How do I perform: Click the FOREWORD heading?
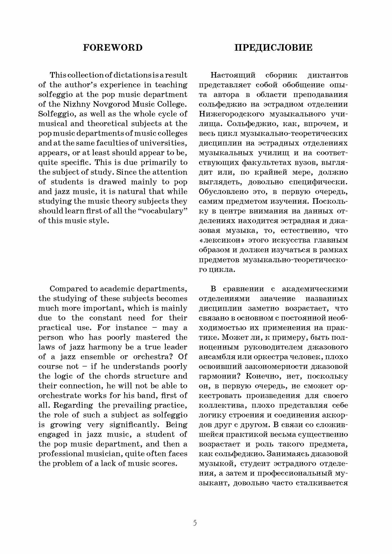(113, 48)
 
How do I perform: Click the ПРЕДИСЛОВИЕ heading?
(273, 48)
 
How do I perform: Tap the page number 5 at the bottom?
(195, 523)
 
